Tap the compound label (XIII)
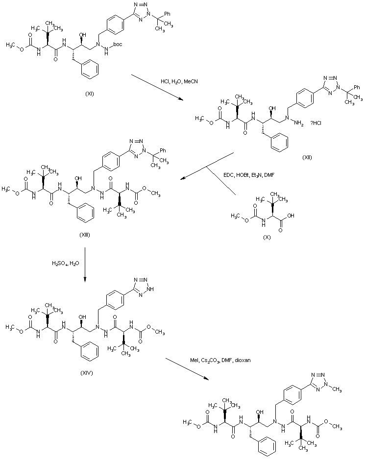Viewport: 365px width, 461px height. tap(85, 235)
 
